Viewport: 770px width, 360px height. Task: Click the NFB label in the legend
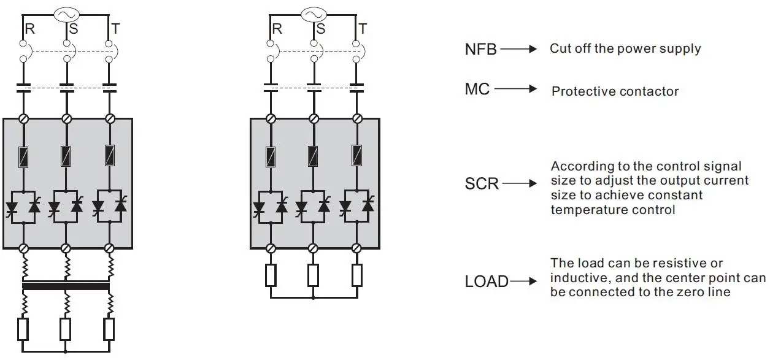[480, 50]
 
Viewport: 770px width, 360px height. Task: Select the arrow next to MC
[515, 90]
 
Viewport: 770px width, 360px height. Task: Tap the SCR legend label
[482, 183]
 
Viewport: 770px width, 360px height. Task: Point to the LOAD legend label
[487, 281]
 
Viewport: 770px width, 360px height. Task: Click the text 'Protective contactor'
[615, 91]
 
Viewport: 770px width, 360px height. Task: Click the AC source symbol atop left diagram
[66, 14]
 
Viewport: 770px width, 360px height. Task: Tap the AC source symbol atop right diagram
[314, 14]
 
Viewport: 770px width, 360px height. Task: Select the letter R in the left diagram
[29, 29]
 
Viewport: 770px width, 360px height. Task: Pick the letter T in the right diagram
[363, 29]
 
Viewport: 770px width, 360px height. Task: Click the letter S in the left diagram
[73, 29]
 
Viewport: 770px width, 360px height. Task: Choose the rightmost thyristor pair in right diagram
[356, 206]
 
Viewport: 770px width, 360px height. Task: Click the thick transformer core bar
[66, 286]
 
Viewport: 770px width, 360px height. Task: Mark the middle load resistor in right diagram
[314, 276]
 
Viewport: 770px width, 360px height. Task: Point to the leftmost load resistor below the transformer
[23, 329]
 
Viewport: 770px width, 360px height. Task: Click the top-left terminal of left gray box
[23, 118]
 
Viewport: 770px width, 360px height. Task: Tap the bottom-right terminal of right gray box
[356, 248]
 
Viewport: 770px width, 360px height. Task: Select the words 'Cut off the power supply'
[625, 48]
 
